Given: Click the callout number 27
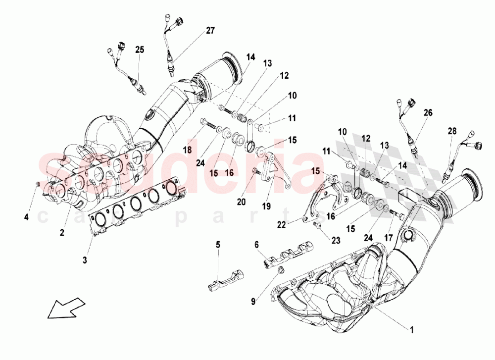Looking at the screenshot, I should click(210, 31).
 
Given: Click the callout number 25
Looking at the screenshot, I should click(140, 50).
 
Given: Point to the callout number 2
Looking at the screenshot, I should click(63, 232).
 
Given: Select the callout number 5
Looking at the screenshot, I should click(217, 244).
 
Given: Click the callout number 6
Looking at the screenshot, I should click(256, 244).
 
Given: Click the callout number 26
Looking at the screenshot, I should click(427, 113).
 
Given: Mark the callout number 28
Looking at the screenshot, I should click(451, 131).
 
